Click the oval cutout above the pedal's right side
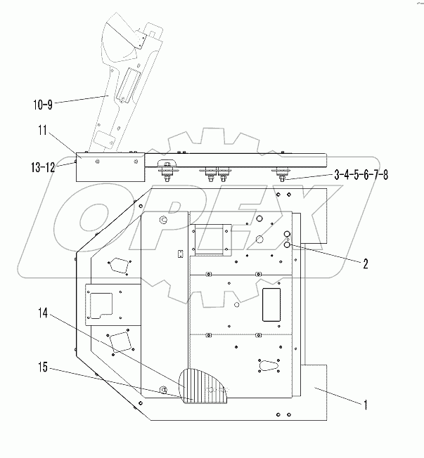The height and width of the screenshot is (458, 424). [x=269, y=365]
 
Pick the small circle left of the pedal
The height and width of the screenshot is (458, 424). [x=163, y=390]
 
